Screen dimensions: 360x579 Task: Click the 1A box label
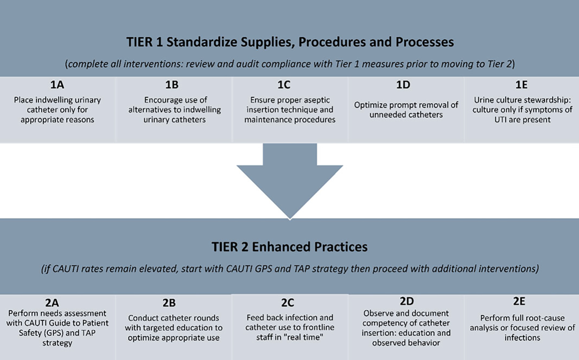[57, 85]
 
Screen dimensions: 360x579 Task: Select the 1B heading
[172, 85]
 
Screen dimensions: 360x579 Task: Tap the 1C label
[284, 85]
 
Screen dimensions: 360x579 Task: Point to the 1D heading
[403, 85]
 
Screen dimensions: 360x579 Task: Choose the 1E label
[521, 85]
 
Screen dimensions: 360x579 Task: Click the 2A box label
[52, 303]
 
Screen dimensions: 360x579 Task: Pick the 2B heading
[169, 303]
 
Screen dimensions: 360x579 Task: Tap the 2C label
[288, 303]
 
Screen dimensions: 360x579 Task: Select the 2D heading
[407, 301]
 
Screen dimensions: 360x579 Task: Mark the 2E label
[519, 301]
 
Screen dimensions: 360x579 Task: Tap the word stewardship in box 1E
[548, 100]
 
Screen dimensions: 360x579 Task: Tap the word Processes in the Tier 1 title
[425, 42]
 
